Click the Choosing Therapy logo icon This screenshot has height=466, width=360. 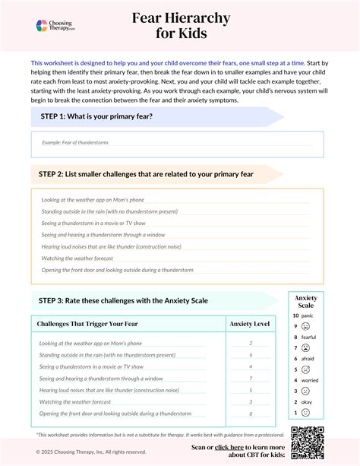point(43,26)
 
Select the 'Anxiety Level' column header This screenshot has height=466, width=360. point(250,324)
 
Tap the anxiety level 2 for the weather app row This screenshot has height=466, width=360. point(250,343)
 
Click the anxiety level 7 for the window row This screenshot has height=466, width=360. point(250,378)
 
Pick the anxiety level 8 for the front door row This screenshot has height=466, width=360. point(250,413)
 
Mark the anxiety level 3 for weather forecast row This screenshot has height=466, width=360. point(250,401)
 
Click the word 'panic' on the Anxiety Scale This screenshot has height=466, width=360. point(307,315)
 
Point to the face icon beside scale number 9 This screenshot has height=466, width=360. point(305,326)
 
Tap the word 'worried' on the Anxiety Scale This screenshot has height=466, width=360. point(309,379)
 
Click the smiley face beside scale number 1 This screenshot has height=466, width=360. point(305,412)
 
